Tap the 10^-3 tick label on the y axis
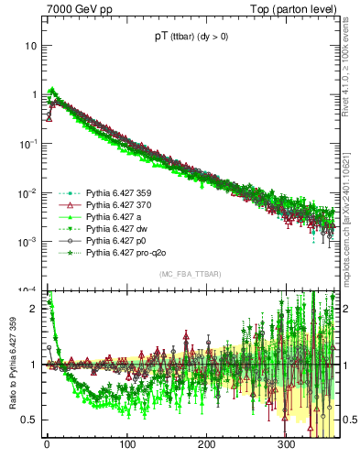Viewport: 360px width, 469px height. click(x=27, y=242)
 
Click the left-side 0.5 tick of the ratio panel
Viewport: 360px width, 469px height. click(x=29, y=420)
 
